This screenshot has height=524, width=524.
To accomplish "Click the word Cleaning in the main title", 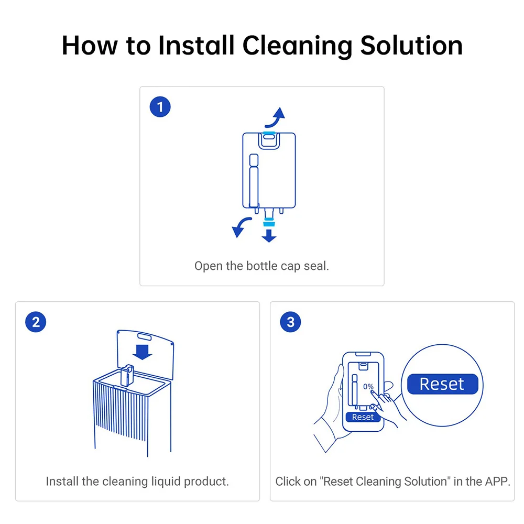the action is click(x=297, y=46).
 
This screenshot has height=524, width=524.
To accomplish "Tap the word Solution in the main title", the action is click(x=411, y=45).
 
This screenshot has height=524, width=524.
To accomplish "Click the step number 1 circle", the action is click(x=160, y=107).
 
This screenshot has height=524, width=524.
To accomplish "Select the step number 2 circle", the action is click(x=36, y=322).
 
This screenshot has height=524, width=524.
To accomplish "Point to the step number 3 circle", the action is click(x=290, y=322).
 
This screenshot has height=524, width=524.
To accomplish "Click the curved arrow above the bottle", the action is click(x=276, y=119).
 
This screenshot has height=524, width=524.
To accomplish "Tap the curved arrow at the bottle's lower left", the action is click(x=240, y=226).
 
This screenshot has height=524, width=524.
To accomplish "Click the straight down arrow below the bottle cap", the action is click(x=269, y=236).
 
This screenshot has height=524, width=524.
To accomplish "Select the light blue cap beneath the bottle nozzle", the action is click(x=269, y=223).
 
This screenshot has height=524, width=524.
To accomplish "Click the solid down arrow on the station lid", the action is click(x=143, y=352).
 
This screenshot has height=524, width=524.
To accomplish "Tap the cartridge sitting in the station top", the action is click(x=127, y=375).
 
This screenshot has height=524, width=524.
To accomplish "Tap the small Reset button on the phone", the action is click(x=363, y=417).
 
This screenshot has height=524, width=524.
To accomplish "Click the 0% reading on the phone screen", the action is click(x=368, y=387).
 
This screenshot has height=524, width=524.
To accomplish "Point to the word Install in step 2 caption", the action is click(x=62, y=482).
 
